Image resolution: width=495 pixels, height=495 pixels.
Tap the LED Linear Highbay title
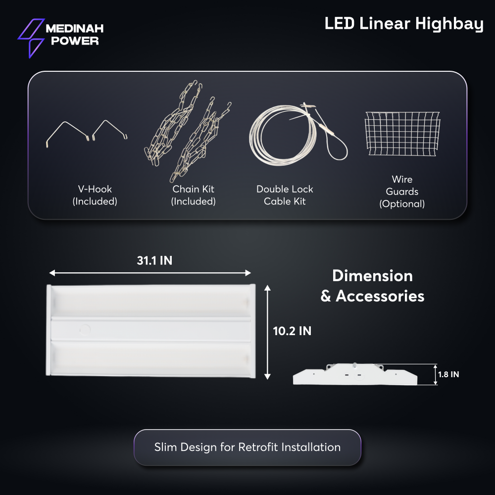(404, 24)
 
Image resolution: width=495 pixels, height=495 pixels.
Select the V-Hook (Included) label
(95, 195)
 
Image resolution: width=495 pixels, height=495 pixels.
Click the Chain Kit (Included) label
(193, 195)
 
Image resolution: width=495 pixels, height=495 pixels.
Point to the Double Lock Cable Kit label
(285, 195)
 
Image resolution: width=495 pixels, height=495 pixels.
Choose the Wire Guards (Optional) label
(402, 192)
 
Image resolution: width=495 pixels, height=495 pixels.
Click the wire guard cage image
(402, 133)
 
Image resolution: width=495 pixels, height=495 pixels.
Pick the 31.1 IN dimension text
(154, 261)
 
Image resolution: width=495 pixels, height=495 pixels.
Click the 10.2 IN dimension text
(293, 331)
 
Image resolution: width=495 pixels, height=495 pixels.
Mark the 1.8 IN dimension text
(448, 374)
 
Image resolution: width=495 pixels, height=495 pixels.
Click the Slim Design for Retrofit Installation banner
(247, 447)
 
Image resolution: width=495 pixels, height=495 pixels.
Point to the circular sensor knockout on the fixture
(85, 330)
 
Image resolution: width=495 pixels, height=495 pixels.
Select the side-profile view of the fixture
(355, 374)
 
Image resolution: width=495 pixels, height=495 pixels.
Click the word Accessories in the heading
(380, 297)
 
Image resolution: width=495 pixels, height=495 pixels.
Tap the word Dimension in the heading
(373, 276)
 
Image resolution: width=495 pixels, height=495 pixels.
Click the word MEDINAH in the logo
(75, 29)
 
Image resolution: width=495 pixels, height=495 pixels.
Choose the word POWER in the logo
(75, 41)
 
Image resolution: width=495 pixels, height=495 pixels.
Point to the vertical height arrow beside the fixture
(267, 332)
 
